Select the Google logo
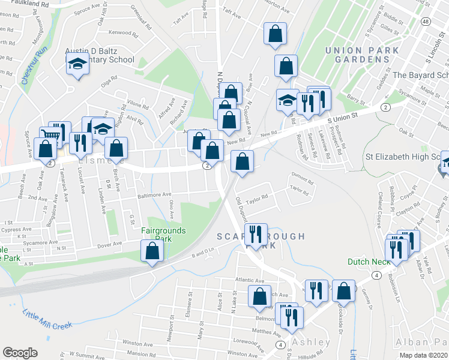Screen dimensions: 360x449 [x=20, y=352]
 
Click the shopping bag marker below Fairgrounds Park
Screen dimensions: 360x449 [x=151, y=251]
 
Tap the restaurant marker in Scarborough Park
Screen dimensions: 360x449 [x=257, y=235]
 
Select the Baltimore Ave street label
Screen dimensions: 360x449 [x=154, y=194]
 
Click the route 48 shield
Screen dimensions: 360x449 [x=425, y=22]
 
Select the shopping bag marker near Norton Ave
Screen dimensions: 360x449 [x=274, y=35]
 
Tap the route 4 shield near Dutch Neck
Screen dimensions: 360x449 [x=376, y=275]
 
